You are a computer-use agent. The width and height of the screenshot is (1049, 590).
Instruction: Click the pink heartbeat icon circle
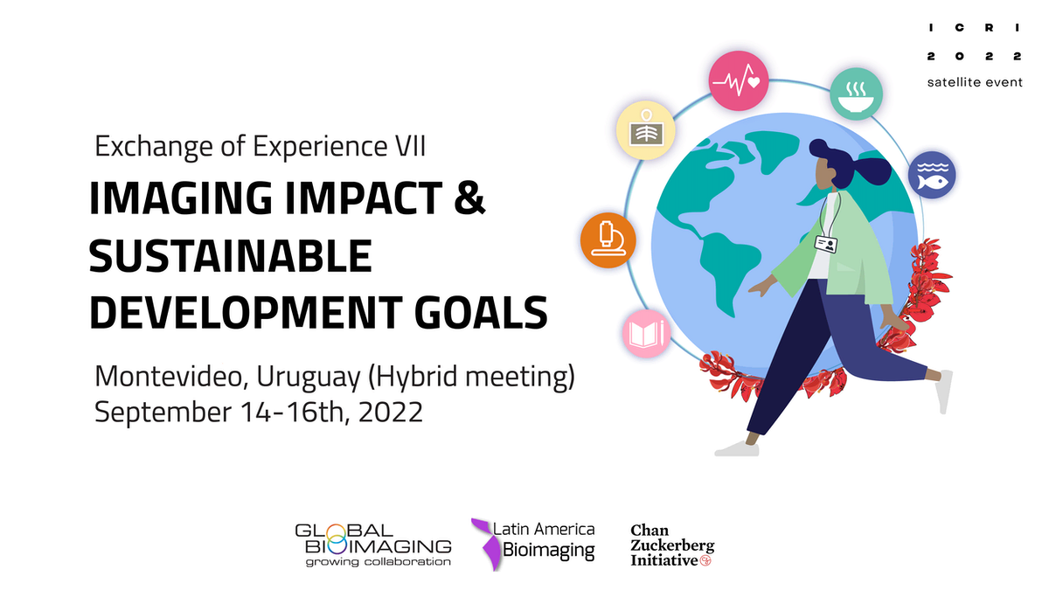pos(739,81)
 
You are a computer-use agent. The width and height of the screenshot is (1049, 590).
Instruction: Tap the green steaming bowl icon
pos(857,94)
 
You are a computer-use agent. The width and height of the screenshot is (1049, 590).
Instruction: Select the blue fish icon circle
pos(932,175)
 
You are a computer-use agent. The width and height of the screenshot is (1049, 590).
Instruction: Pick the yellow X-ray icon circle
pos(646,130)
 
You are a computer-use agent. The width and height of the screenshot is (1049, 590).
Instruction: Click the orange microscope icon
pos(608,240)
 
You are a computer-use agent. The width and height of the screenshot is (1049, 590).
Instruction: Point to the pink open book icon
pos(647,333)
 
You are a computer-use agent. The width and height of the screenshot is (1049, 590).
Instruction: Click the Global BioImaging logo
pos(373,545)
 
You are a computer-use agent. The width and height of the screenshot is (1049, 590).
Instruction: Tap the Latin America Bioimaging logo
pos(533,544)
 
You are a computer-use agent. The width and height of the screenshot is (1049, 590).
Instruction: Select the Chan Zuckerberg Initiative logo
pos(672,545)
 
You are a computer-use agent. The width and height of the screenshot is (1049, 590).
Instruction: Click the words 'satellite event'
pos(975,82)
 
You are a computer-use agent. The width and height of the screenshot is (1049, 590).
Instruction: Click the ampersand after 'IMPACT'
pos(469,198)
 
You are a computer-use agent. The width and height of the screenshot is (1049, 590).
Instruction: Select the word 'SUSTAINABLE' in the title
pos(231,255)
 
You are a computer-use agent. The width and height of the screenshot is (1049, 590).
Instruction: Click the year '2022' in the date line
pos(391,412)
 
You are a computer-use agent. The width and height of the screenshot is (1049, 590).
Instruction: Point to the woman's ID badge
pos(826,244)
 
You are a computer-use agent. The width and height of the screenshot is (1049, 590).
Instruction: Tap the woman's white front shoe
pos(737,448)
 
